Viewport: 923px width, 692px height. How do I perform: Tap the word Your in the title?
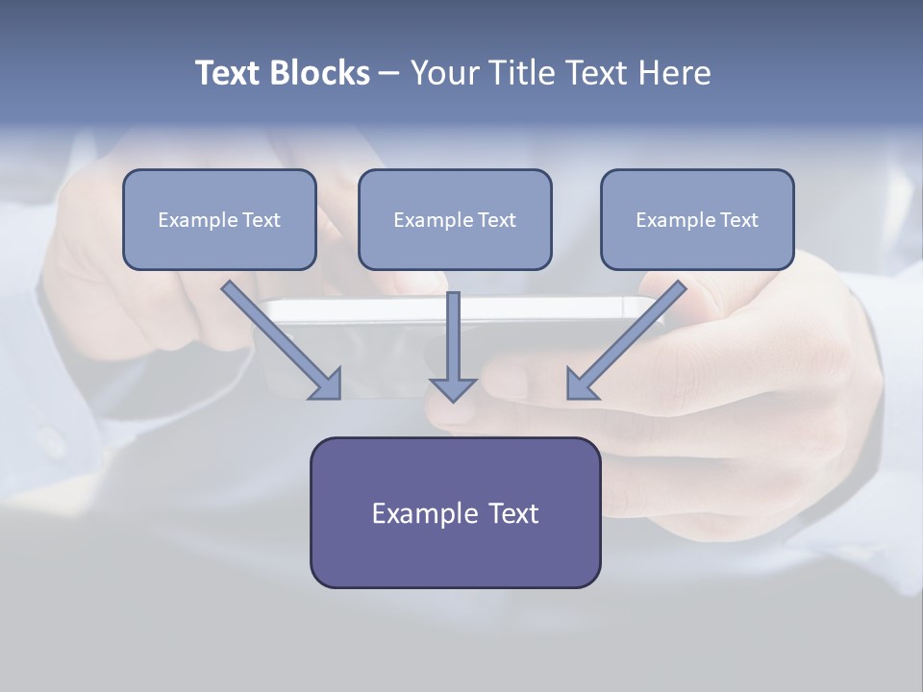pyautogui.click(x=445, y=73)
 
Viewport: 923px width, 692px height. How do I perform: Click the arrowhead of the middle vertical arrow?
pyautogui.click(x=453, y=389)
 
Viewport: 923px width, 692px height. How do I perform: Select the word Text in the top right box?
pyautogui.click(x=738, y=220)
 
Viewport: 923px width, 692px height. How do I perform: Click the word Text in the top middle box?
pyautogui.click(x=496, y=220)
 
